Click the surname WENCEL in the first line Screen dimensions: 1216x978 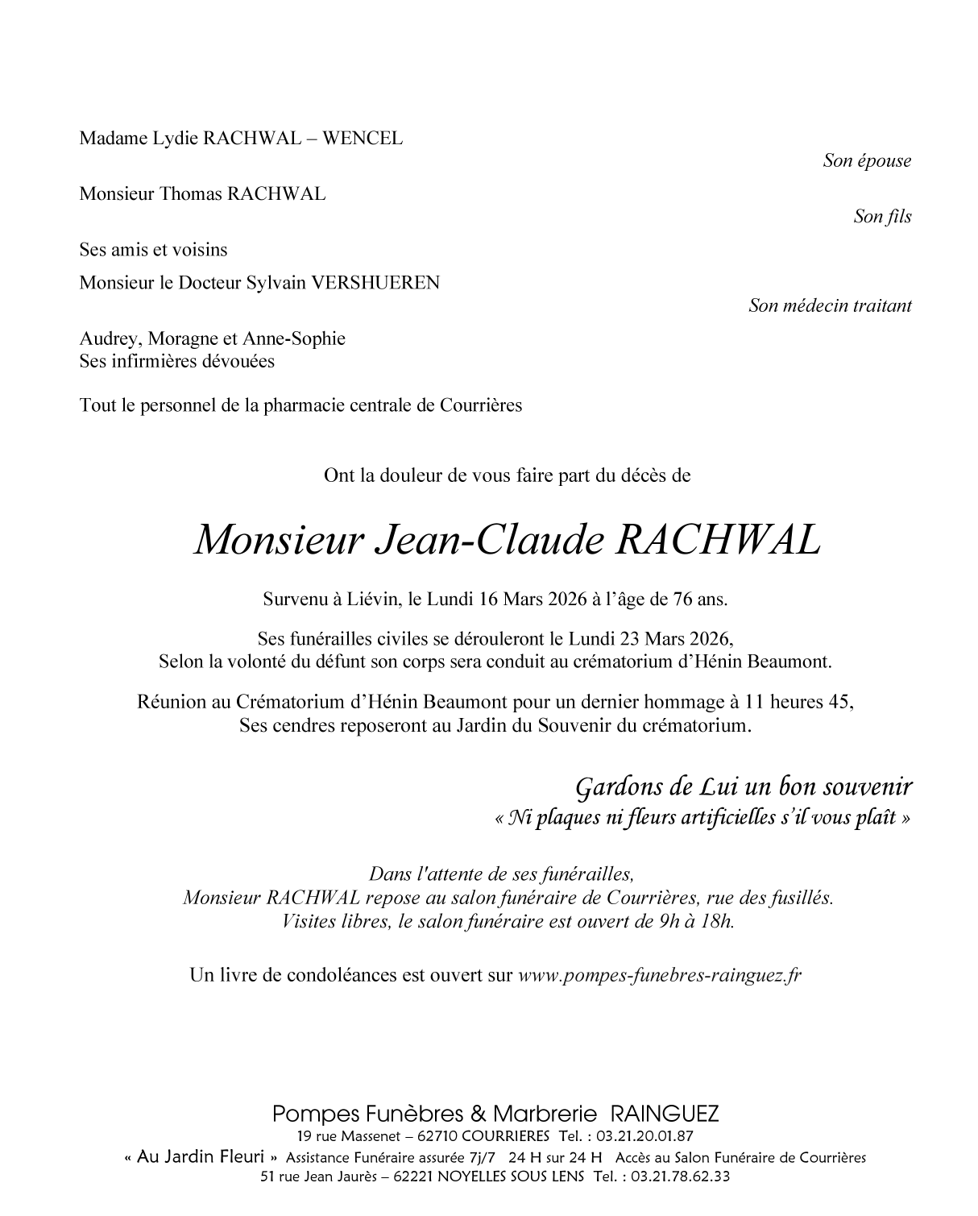coord(363,138)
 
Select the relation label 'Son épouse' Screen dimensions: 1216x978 coord(867,160)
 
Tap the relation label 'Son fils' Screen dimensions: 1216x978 coord(882,217)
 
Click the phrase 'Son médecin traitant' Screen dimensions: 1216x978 coord(830,305)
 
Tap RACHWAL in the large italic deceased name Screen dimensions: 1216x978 coord(718,541)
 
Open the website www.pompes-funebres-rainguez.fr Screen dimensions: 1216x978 coord(659,975)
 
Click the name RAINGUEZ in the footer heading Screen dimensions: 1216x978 coord(665,1114)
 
